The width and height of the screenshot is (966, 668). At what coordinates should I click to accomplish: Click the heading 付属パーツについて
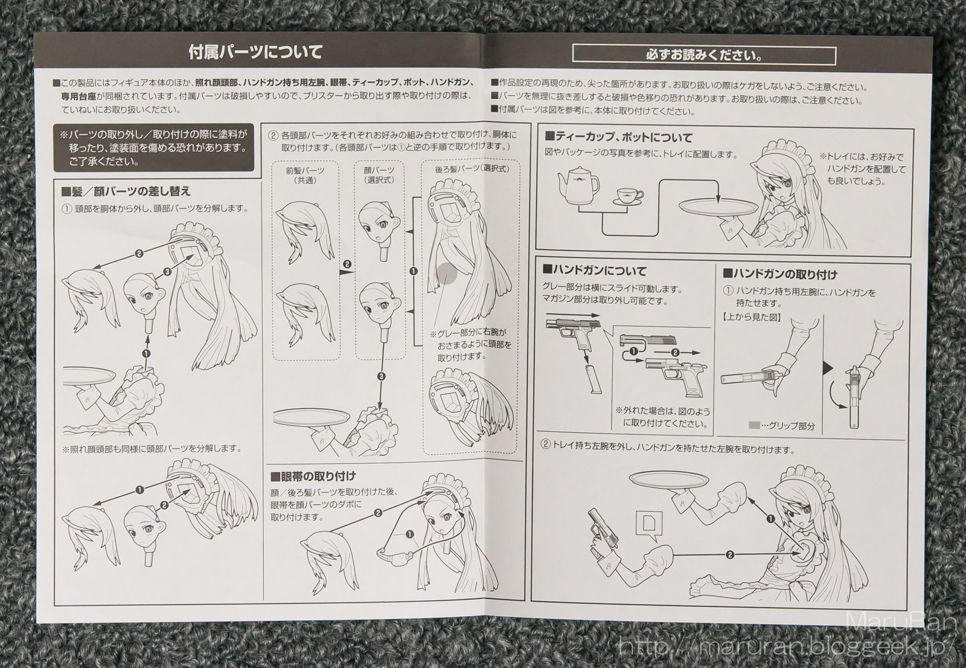click(255, 53)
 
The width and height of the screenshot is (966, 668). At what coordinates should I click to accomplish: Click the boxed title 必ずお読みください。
click(704, 56)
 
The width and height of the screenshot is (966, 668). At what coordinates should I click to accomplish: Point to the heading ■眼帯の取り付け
click(313, 477)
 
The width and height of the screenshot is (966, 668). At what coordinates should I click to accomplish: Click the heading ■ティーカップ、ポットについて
click(619, 138)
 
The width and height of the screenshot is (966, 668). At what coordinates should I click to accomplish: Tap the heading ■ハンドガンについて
click(595, 271)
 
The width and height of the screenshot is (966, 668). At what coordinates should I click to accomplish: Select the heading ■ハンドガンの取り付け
click(779, 274)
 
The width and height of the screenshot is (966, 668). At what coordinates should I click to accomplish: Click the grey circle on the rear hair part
click(447, 274)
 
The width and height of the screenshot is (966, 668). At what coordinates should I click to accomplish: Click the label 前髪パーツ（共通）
click(305, 175)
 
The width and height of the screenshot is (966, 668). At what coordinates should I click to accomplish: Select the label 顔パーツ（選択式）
click(379, 175)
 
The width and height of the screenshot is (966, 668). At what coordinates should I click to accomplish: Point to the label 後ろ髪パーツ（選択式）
click(472, 169)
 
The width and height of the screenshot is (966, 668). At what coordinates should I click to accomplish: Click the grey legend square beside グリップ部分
click(754, 425)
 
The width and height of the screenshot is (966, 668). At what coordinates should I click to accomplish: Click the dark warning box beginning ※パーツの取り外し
click(153, 149)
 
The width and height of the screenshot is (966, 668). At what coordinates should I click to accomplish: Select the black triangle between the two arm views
click(828, 368)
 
